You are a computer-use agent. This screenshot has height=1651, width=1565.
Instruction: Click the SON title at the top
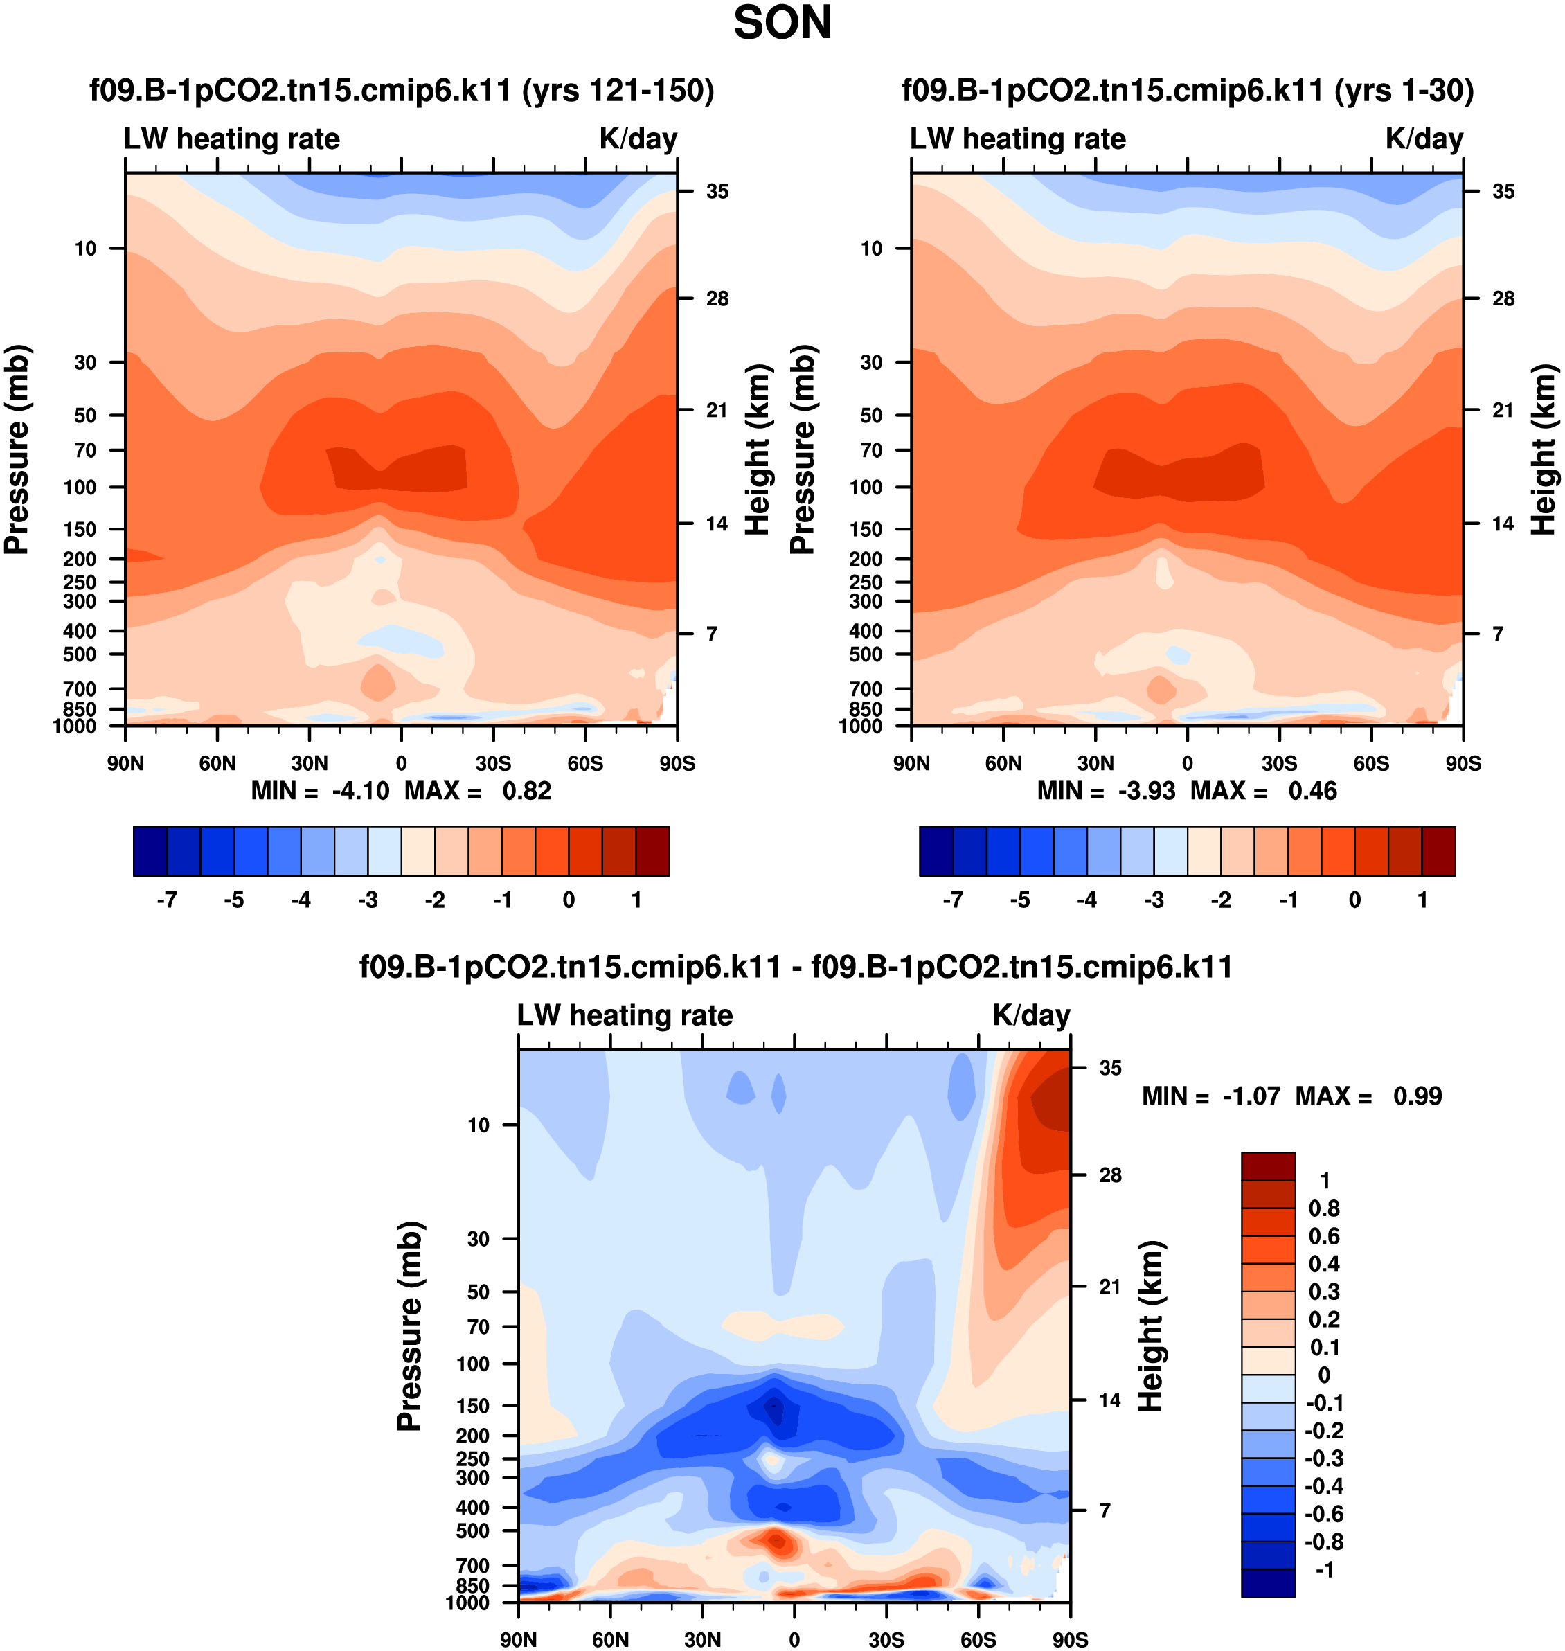point(782,24)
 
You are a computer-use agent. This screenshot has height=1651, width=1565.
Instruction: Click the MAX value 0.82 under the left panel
point(526,791)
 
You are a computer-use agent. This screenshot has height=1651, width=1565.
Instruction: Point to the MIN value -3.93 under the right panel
point(1146,791)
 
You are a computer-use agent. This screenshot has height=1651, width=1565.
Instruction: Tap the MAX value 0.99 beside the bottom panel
point(1418,1096)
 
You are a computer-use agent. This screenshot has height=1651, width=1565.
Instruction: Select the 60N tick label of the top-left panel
point(217,763)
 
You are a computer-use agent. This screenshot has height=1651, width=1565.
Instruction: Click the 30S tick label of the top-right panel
point(1279,763)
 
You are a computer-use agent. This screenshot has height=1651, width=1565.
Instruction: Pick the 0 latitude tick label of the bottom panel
point(794,1639)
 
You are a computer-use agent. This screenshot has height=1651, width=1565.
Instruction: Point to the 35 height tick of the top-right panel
point(1503,192)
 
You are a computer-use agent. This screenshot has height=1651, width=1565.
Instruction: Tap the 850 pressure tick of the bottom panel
point(473,1585)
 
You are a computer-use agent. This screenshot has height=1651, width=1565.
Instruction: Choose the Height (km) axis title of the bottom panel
point(1150,1326)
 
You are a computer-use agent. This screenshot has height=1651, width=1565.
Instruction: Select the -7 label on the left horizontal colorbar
point(167,900)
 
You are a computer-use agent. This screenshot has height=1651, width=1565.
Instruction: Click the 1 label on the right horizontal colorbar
point(1422,900)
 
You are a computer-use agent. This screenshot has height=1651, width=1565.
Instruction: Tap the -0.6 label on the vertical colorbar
point(1324,1514)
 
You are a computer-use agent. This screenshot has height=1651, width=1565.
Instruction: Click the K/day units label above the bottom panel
point(1031,1015)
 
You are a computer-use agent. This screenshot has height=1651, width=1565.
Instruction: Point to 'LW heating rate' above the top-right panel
point(1018,139)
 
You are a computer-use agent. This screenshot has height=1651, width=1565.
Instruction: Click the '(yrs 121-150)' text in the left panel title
point(618,90)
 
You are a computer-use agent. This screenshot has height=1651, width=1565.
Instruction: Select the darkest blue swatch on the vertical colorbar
point(1268,1582)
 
